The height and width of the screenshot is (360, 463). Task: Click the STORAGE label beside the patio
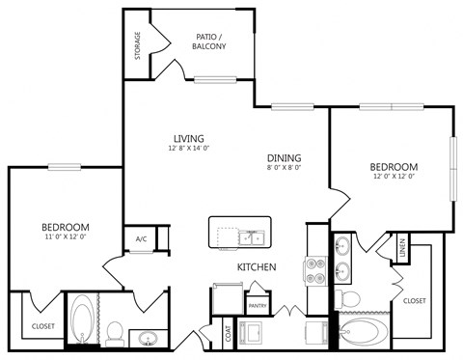point(137,44)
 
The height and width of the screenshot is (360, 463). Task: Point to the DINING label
point(285,157)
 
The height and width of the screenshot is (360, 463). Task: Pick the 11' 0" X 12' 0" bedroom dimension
point(66,236)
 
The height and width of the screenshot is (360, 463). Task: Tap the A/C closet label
point(141,237)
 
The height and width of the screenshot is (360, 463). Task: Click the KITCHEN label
point(258,266)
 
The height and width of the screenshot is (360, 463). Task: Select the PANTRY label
point(258,305)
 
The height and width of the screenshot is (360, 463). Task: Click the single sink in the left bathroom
point(148,338)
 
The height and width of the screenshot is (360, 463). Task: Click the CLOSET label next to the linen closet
point(414,301)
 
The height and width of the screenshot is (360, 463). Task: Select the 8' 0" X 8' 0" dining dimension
point(285,168)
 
